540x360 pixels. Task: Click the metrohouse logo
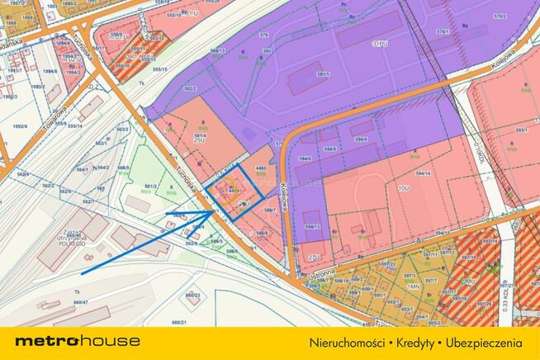tap(77, 341)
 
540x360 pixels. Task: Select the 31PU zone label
tap(380, 43)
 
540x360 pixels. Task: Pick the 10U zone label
tap(403, 188)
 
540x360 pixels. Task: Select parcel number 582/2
tap(190, 88)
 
